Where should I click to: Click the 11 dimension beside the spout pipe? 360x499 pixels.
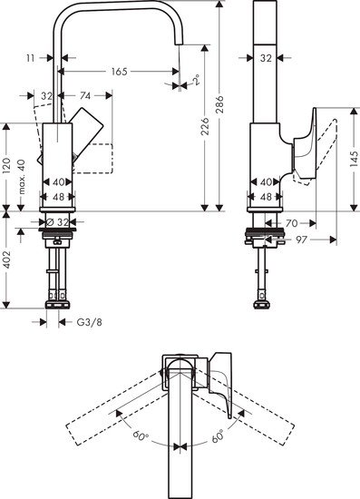click(x=31, y=57)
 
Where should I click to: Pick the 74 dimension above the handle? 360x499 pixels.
click(x=84, y=95)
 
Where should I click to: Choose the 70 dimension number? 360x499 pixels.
click(x=291, y=221)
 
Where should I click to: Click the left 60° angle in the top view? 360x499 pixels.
click(x=141, y=436)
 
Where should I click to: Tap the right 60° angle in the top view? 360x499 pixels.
click(x=219, y=436)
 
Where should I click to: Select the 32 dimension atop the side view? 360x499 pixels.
click(x=266, y=57)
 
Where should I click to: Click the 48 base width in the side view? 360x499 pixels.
click(x=266, y=196)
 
